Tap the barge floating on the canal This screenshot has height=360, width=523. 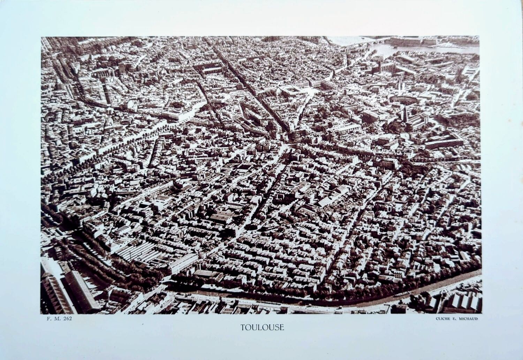(401, 294)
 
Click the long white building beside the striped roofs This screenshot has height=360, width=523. (183, 263)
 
